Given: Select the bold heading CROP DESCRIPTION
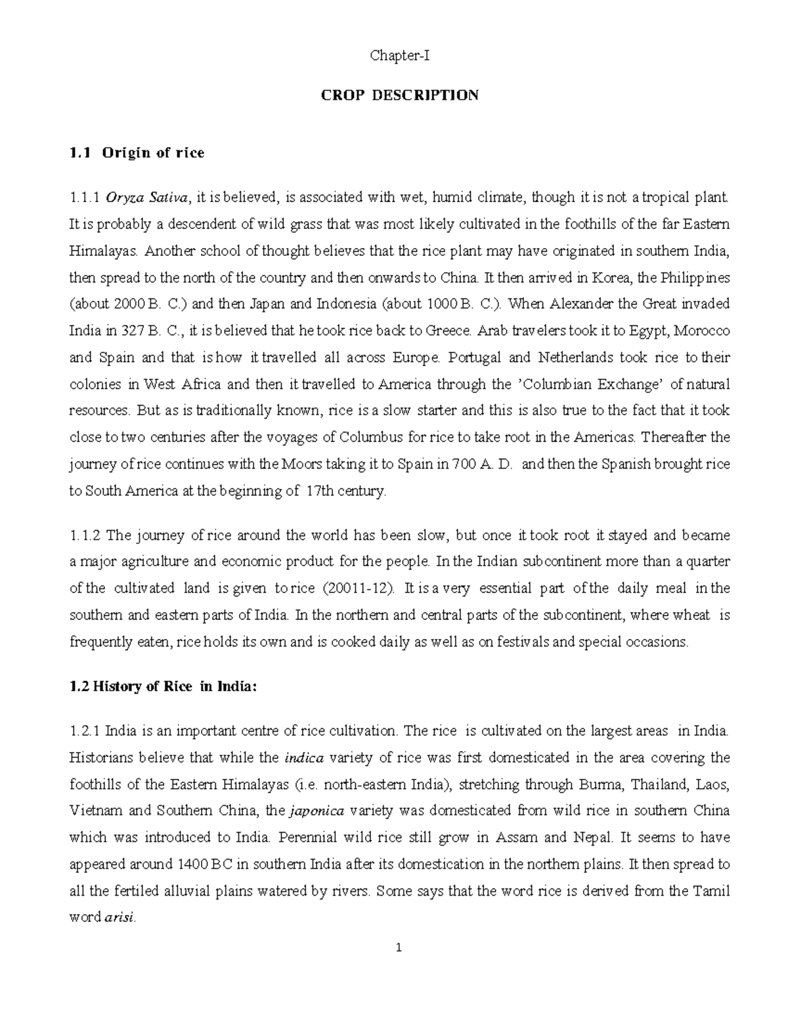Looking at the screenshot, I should (x=399, y=95).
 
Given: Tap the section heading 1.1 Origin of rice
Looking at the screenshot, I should (x=137, y=153).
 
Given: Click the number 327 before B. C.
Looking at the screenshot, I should (x=135, y=331).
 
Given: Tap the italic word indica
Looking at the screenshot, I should (x=303, y=758).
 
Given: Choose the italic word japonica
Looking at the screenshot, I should (x=317, y=811).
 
